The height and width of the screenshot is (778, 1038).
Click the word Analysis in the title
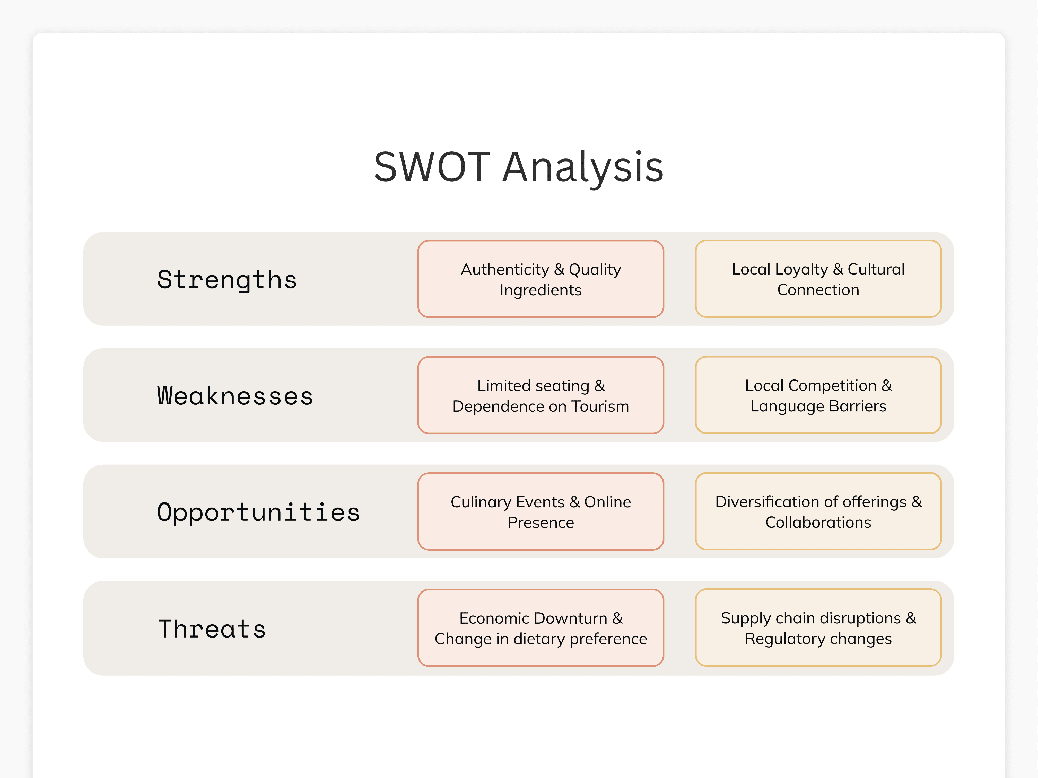pyautogui.click(x=583, y=169)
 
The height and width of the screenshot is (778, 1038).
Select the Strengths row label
pyautogui.click(x=227, y=280)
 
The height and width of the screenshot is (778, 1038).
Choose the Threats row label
pyautogui.click(x=212, y=629)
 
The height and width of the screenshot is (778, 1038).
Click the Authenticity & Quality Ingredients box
pyautogui.click(x=540, y=279)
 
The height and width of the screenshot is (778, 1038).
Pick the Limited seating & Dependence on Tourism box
pyautogui.click(x=540, y=395)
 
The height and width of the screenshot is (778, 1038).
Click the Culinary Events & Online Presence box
pyautogui.click(x=540, y=512)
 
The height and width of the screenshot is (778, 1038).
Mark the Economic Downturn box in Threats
pyautogui.click(x=540, y=628)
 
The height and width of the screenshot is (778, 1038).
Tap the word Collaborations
pyautogui.click(x=818, y=523)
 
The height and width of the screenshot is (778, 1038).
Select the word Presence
pyautogui.click(x=540, y=523)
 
